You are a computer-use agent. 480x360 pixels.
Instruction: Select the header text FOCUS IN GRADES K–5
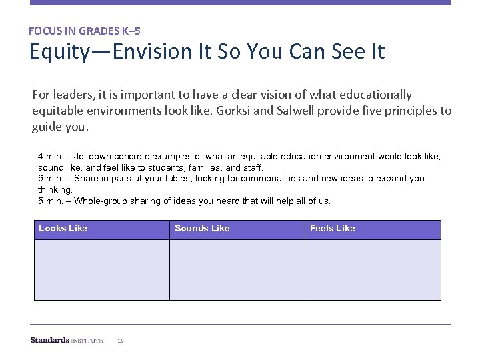[85, 31]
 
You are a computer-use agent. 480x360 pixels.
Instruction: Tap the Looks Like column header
[63, 228]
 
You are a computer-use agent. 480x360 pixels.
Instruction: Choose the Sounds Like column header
[202, 228]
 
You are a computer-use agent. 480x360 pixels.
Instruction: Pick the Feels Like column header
[333, 228]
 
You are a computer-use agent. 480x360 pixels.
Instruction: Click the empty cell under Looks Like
[101, 269]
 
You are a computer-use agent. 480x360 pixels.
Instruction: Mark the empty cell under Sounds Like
[237, 269]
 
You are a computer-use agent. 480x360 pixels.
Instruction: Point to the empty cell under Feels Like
[373, 269]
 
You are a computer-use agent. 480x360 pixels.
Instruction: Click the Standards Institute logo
[67, 340]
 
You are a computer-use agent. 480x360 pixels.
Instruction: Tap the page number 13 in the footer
[120, 341]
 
